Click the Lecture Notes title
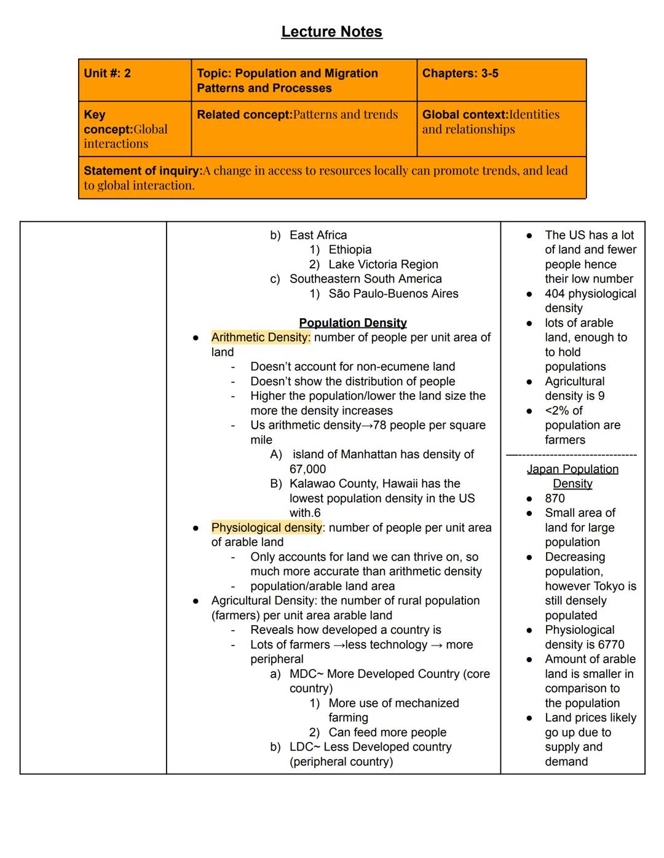click(x=331, y=32)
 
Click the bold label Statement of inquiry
click(x=143, y=171)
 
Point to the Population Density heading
click(x=352, y=323)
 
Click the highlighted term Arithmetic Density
click(x=261, y=337)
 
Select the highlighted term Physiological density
click(x=266, y=528)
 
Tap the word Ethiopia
click(x=350, y=250)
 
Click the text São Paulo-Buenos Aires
click(x=393, y=294)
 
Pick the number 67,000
click(x=307, y=469)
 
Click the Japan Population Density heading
click(x=572, y=477)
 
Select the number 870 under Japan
click(x=555, y=498)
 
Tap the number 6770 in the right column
click(x=611, y=645)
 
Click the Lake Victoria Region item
click(x=383, y=265)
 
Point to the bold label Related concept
click(x=244, y=115)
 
